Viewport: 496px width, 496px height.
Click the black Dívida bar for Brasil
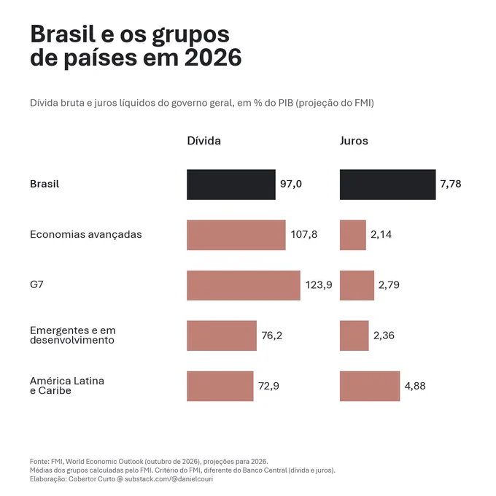point(231,185)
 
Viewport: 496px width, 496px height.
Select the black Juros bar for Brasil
point(387,185)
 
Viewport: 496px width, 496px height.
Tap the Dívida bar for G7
point(244,285)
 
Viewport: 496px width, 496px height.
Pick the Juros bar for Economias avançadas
point(353,235)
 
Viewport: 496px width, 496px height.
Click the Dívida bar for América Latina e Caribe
point(220,387)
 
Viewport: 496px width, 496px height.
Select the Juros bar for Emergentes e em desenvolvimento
point(354,336)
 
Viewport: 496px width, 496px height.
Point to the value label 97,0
point(291,184)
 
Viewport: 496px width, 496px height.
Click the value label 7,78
point(451,184)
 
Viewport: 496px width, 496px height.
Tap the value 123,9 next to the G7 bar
point(319,284)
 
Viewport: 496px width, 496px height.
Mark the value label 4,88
point(415,386)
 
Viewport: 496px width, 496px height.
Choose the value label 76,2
point(272,336)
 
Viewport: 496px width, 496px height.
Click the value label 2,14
point(381,234)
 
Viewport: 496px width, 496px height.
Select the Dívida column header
point(204,141)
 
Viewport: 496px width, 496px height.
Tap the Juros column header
point(354,141)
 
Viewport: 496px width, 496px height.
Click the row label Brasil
point(44,184)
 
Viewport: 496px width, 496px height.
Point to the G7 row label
point(36,284)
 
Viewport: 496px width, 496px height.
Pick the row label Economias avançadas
point(86,234)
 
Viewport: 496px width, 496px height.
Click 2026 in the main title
point(213,58)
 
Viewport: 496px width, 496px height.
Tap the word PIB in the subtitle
point(286,103)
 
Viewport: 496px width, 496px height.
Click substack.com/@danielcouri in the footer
point(169,479)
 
